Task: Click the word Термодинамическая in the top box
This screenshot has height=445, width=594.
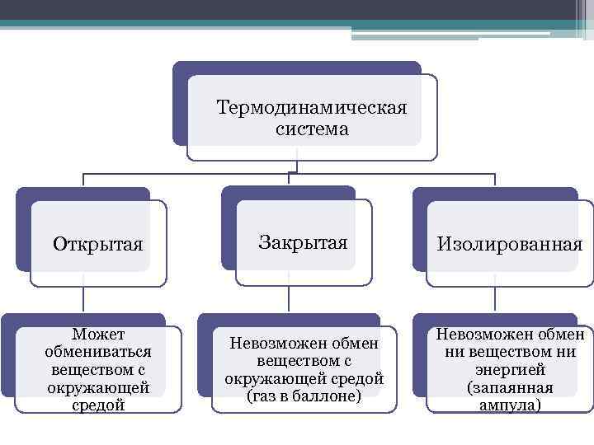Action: coord(311,109)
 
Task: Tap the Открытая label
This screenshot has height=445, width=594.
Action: coord(97,245)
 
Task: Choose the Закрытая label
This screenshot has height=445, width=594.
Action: coord(303,242)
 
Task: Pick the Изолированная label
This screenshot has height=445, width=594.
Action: coord(510,245)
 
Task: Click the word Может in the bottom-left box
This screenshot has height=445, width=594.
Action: coord(97,334)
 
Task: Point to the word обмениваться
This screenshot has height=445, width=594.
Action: coord(97,352)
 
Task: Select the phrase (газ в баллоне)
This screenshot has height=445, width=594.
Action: coord(304,396)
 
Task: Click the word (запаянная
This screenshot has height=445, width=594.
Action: coord(510,387)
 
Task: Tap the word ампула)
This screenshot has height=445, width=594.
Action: coord(510,405)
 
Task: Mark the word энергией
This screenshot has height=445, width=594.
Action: coord(510,370)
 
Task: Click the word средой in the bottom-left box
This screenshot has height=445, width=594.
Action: coord(97,405)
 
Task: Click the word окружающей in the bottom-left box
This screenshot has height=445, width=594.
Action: coord(97,387)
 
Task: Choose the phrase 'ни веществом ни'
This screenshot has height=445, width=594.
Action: coord(510,352)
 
